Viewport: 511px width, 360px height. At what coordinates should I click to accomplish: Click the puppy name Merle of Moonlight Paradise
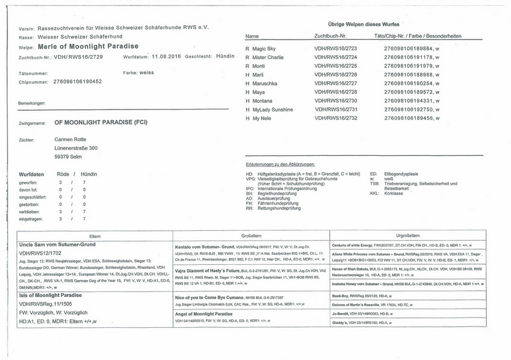click(88, 46)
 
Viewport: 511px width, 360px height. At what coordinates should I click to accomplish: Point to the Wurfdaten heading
click(32, 174)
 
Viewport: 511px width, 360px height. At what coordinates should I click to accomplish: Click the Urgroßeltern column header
click(408, 236)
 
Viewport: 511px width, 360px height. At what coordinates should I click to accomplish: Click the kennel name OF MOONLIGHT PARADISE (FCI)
click(102, 123)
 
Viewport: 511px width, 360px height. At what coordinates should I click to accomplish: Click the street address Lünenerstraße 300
click(76, 148)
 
